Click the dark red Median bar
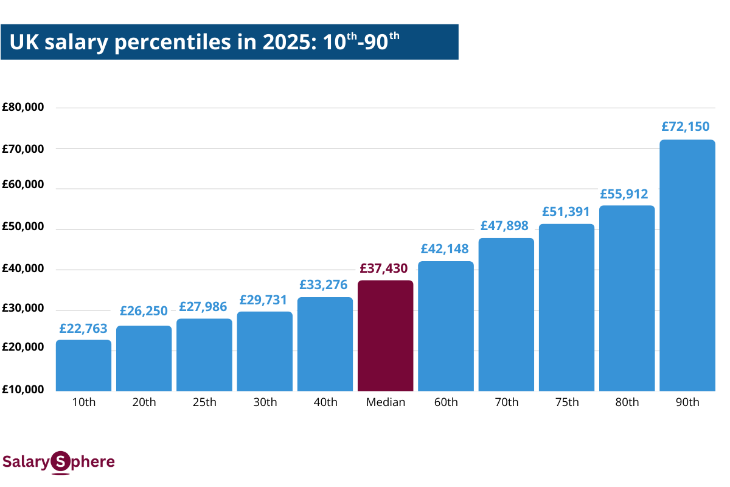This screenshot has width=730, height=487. (x=385, y=335)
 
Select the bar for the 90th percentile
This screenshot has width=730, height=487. (x=687, y=265)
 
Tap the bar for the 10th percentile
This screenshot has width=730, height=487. (x=83, y=365)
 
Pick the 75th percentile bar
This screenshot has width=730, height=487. (x=566, y=307)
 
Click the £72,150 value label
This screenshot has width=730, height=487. (x=686, y=127)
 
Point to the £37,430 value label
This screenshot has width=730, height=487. (x=384, y=268)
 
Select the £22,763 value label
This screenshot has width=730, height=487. (x=83, y=328)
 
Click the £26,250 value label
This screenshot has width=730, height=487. (x=144, y=311)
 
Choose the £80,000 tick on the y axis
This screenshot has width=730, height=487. (x=23, y=108)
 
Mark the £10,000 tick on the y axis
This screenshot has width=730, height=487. (x=23, y=390)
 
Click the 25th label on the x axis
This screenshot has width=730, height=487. (x=204, y=402)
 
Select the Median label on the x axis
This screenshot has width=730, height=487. (x=385, y=402)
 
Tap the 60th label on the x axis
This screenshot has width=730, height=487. (x=446, y=402)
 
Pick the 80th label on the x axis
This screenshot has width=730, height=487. (x=627, y=402)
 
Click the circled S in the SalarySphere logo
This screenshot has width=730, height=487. (x=60, y=462)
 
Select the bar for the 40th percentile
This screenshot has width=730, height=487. (x=325, y=344)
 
